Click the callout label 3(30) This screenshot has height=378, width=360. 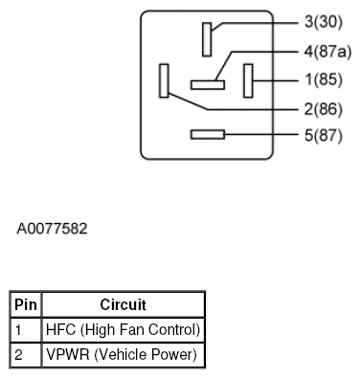324,22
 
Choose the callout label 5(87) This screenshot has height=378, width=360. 324,135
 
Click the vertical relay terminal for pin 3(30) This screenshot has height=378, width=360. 207,39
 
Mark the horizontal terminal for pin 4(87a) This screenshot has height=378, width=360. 207,84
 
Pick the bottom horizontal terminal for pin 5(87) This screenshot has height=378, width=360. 207,135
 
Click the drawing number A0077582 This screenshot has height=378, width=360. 53,230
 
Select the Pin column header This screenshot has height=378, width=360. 26,305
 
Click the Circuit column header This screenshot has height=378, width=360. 123,305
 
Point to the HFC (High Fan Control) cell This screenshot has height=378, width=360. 123,330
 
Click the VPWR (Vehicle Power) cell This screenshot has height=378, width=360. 121,355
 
